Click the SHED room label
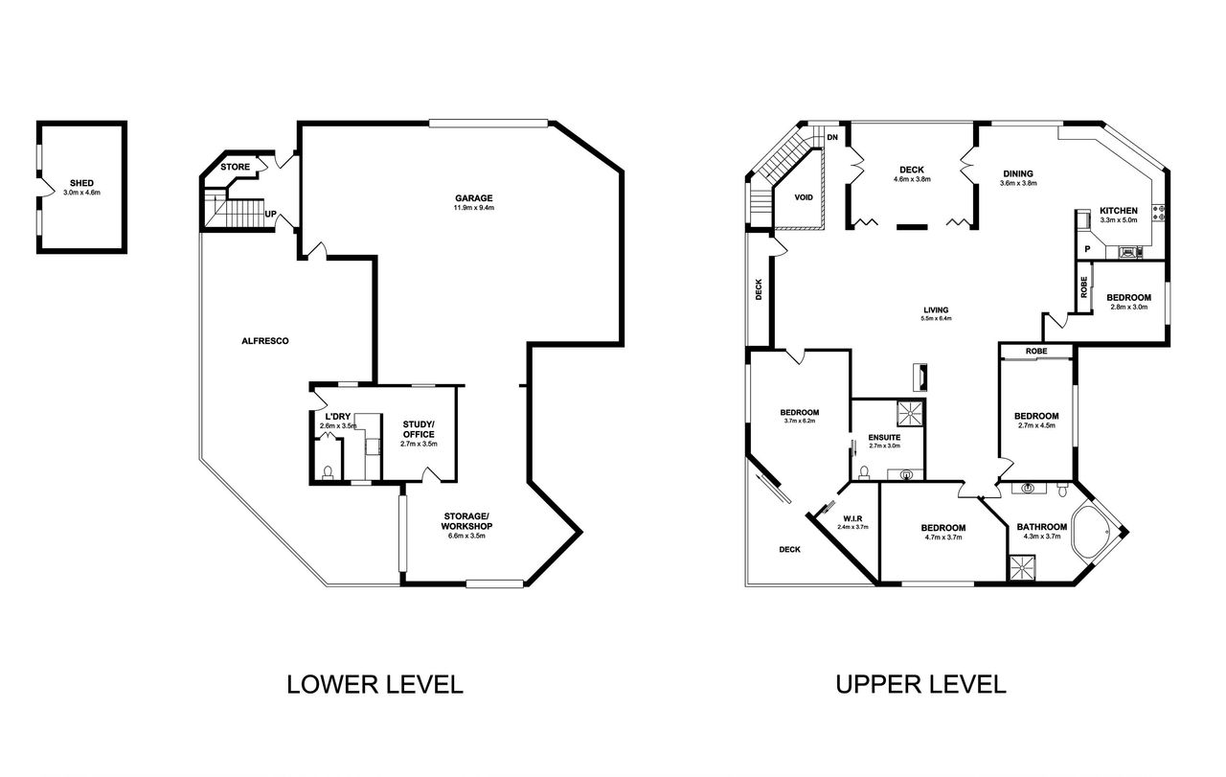pos(81,183)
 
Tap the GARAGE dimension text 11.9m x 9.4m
pos(474,208)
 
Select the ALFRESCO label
pos(265,341)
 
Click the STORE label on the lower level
pos(236,167)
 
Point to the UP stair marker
pos(270,214)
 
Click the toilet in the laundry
pos(328,472)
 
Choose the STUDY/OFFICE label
pos(419,429)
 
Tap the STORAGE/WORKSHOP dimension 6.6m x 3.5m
pos(466,536)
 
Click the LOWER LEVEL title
pos(375,685)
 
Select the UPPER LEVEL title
pos(920,685)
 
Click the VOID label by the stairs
pos(804,197)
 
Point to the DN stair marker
pos(832,137)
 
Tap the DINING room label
pos(1018,173)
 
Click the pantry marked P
pos(1087,249)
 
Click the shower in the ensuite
pos(911,413)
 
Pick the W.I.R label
pos(852,518)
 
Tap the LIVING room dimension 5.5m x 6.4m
pos(936,318)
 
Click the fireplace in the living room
pos(920,377)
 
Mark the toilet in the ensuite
pos(864,472)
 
